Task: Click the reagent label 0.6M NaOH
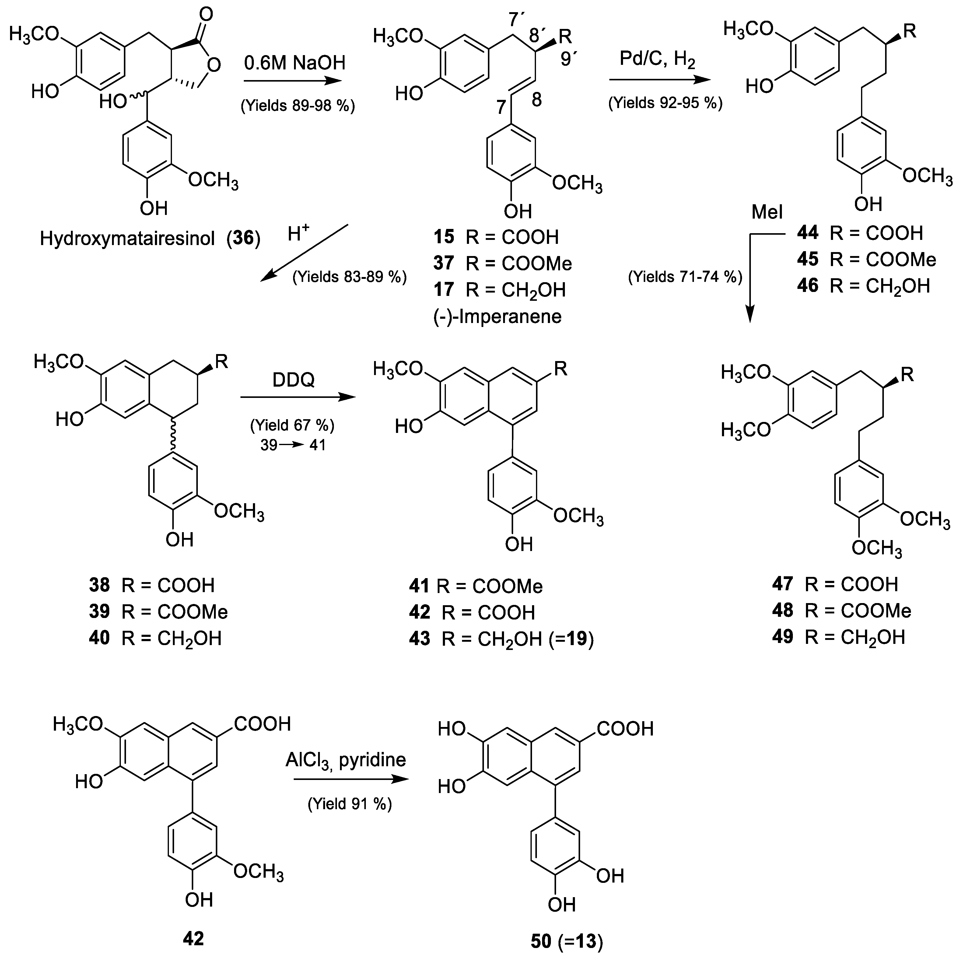295,63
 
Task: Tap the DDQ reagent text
294,380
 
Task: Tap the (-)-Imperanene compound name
497,316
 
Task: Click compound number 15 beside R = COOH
444,237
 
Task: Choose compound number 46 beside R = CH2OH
807,286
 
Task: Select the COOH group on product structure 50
625,729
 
